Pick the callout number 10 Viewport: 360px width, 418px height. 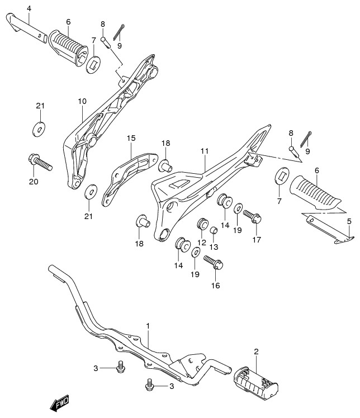(x=82, y=101)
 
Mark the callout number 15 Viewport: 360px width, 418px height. (x=131, y=138)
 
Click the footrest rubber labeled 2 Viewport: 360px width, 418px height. (x=256, y=380)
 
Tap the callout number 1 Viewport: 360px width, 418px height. (x=148, y=325)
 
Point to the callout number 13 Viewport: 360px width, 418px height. (x=214, y=246)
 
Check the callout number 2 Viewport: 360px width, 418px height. (x=256, y=351)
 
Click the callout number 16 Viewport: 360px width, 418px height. (x=216, y=286)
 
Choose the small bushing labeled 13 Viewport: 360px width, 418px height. (x=214, y=230)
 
